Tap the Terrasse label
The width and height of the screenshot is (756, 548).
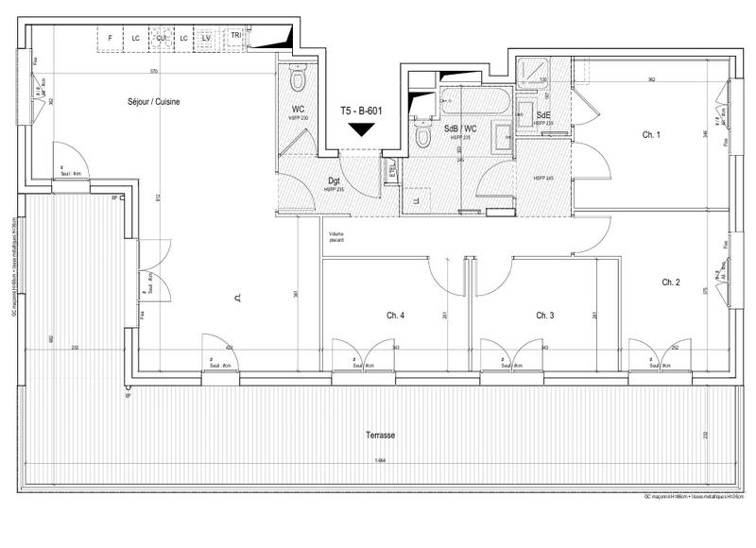[x=380, y=436]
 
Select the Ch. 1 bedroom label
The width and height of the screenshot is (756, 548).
[x=651, y=135]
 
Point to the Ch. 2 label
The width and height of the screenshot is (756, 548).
[x=671, y=282]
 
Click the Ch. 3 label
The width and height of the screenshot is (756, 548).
[x=544, y=315]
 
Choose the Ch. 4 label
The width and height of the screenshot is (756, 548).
[x=395, y=315]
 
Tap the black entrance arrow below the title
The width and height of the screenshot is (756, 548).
[x=360, y=130]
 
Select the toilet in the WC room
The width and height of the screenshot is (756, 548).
[x=297, y=73]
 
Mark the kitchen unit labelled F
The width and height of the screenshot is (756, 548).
[x=111, y=38]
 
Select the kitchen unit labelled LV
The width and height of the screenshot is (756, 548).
[x=205, y=38]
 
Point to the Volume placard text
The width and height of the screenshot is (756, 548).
[x=336, y=237]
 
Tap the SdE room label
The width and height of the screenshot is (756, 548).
[x=543, y=114]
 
